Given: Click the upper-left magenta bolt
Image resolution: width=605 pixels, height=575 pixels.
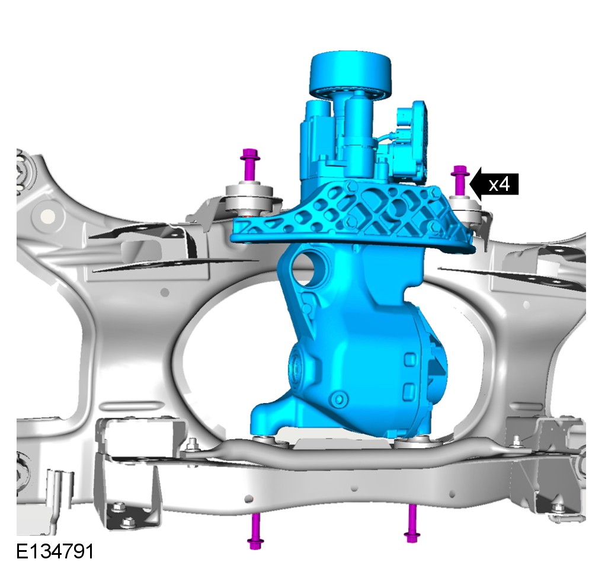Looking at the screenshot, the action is [249, 165].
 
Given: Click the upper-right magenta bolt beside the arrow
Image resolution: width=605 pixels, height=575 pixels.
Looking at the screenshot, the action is [460, 180].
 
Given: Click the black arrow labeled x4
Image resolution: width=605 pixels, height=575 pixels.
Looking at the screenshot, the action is [494, 184].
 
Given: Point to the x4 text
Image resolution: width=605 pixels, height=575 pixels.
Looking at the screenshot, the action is [500, 184].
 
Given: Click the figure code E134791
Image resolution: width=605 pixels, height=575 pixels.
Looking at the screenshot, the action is [55, 552].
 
